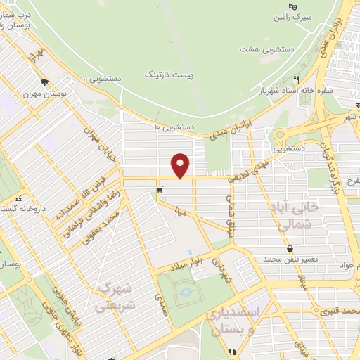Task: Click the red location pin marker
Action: tap(181, 165)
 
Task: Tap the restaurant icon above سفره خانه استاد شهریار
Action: tap(296, 79)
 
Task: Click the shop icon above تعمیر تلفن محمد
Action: tap(290, 248)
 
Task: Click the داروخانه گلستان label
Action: tap(18, 210)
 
